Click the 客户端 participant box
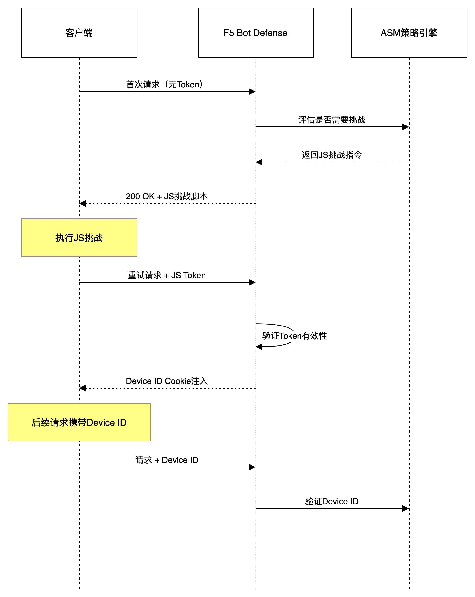[x=79, y=33]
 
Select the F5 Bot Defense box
[x=256, y=33]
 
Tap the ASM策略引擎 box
[x=409, y=33]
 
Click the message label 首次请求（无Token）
[x=167, y=85]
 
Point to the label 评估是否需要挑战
[x=332, y=121]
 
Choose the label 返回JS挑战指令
[x=332, y=156]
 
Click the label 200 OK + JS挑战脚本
[x=167, y=197]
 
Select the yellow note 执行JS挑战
[x=79, y=238]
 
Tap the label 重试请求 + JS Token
[x=167, y=276]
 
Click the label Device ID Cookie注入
[x=167, y=382]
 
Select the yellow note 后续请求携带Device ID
[x=79, y=422]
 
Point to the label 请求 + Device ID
[x=167, y=460]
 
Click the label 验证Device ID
[x=332, y=502]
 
